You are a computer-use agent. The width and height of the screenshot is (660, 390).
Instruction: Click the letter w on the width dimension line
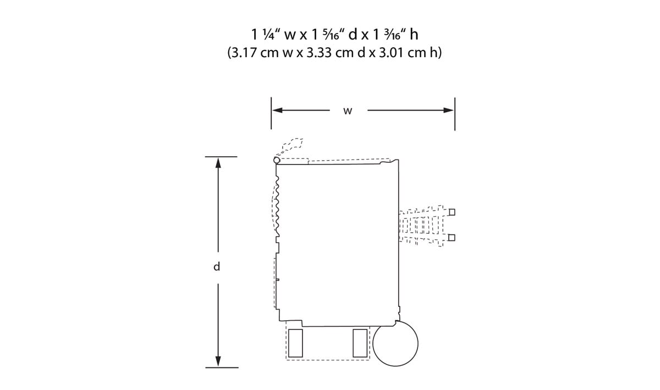click(x=348, y=111)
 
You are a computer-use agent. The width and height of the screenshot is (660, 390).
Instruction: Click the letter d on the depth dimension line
click(x=217, y=266)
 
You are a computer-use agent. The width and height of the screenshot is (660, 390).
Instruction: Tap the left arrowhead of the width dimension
click(x=277, y=110)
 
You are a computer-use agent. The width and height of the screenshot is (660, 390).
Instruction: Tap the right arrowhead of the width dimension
click(x=448, y=110)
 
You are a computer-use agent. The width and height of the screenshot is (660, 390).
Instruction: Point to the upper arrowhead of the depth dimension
click(x=218, y=163)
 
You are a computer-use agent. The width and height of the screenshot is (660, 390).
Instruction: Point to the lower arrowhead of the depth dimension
click(x=218, y=361)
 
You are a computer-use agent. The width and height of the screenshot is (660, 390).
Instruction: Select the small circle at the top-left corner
click(x=277, y=160)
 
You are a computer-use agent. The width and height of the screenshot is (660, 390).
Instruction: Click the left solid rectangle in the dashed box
click(x=295, y=343)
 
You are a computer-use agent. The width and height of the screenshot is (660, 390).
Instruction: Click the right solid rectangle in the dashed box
click(x=360, y=343)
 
